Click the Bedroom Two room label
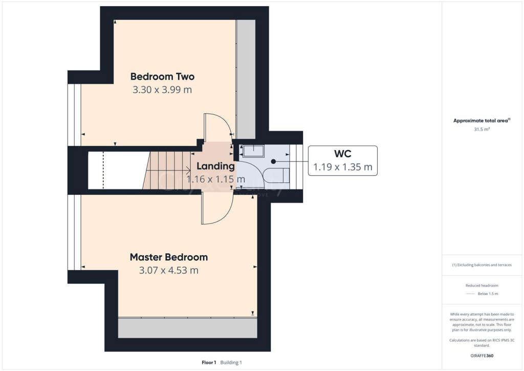[162, 77]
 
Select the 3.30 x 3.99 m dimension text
[162, 90]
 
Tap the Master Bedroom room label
[168, 257]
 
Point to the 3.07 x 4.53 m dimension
[168, 270]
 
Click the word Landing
[215, 166]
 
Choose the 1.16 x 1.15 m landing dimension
[215, 179]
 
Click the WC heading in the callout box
[342, 154]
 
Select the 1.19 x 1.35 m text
[342, 167]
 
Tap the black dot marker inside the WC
[274, 161]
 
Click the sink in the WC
[253, 151]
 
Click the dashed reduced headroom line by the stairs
[103, 170]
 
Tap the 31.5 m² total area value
[482, 130]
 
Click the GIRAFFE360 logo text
[482, 356]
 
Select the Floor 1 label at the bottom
[209, 362]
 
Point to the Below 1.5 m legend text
[488, 294]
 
